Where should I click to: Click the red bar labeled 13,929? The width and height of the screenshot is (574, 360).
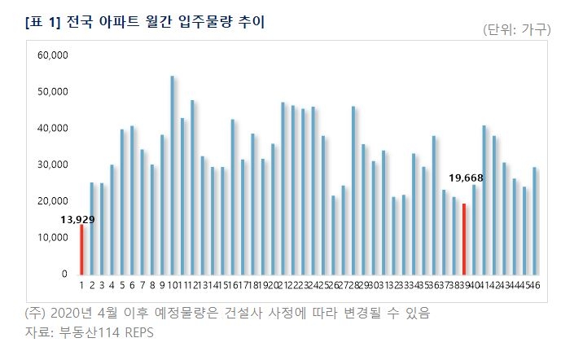[81, 249]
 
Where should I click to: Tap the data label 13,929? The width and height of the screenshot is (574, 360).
[77, 219]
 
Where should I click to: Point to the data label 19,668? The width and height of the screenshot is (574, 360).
[467, 177]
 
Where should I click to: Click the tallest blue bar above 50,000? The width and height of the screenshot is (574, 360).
[173, 175]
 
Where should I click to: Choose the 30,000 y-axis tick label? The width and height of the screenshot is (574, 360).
[53, 165]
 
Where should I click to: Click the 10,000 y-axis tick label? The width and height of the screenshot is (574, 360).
[53, 238]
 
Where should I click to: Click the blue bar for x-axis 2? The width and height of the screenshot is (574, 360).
[92, 228]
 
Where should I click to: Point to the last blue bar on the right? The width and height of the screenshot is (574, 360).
[534, 220]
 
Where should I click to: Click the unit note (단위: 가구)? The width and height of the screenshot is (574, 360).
[517, 29]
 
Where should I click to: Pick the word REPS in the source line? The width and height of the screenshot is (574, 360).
[138, 332]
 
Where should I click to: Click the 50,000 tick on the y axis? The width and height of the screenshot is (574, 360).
[53, 91]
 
